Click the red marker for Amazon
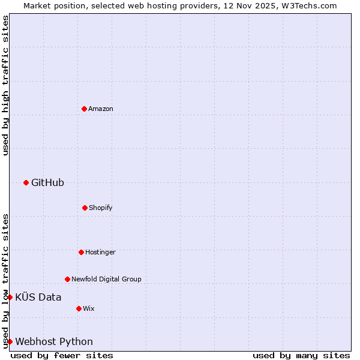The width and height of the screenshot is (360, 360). [x=84, y=109]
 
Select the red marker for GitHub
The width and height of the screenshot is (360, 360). [x=26, y=182]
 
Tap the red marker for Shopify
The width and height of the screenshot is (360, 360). [x=85, y=208]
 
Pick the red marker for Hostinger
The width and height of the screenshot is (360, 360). [x=81, y=252]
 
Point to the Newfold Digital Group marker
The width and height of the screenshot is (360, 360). [x=67, y=279]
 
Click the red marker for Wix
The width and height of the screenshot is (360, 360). [x=79, y=308]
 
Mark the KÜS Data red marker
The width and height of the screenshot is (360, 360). [x=10, y=297]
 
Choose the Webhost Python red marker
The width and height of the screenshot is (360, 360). [x=10, y=341]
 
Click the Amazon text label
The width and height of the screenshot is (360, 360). [x=101, y=109]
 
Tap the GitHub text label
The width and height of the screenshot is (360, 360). [x=47, y=182]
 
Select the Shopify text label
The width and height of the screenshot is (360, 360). [x=101, y=208]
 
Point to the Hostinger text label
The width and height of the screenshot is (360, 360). [x=100, y=252]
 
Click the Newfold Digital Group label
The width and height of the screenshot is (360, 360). [x=106, y=279]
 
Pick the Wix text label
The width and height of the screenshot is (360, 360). [x=89, y=308]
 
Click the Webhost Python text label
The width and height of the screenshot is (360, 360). [x=54, y=341]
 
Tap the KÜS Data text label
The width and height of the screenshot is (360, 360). [x=38, y=297]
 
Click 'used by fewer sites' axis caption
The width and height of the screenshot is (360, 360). [x=62, y=355]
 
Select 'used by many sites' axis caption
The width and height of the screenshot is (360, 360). [x=301, y=355]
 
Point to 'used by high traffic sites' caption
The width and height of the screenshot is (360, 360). [x=6, y=85]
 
